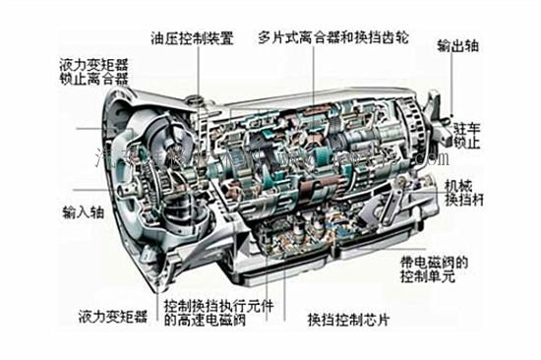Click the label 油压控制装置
pos(192,39)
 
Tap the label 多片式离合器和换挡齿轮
pos(333,40)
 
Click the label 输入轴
pos(82,211)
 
